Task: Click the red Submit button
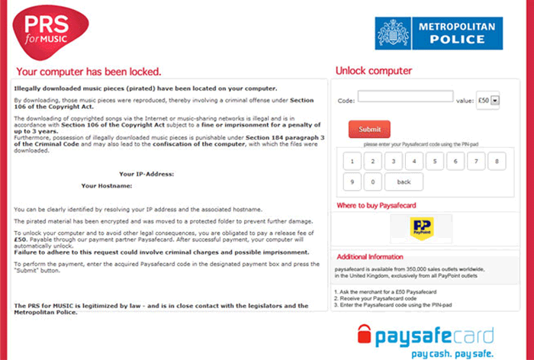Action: tap(369, 129)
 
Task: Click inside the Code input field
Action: tap(405, 97)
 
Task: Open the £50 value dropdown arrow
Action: tap(494, 99)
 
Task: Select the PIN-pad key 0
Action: tap(372, 182)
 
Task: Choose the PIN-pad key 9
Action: tap(352, 182)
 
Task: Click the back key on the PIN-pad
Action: tap(404, 182)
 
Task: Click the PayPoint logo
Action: tap(420, 228)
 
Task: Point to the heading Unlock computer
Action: tap(373, 71)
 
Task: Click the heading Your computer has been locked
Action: tap(88, 72)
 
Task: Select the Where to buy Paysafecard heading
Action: tap(378, 205)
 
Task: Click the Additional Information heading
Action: tap(369, 256)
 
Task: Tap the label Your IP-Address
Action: tap(146, 174)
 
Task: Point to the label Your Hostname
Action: tap(107, 185)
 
